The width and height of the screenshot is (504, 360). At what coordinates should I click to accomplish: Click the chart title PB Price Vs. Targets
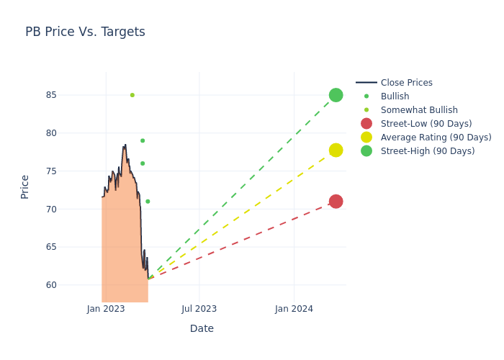pyautogui.click(x=85, y=32)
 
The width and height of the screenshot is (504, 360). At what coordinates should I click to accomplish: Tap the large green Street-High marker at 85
pyautogui.click(x=336, y=95)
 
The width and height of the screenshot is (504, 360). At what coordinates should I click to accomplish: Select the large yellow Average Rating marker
pyautogui.click(x=336, y=150)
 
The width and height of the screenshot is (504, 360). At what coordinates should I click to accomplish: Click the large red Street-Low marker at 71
pyautogui.click(x=336, y=202)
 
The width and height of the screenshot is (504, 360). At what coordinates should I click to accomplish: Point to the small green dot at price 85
pyautogui.click(x=132, y=95)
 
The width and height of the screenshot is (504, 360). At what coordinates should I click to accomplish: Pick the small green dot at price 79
pyautogui.click(x=143, y=140)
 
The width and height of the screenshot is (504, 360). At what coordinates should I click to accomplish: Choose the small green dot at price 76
pyautogui.click(x=143, y=163)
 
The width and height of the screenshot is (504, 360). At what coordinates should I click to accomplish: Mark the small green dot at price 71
pyautogui.click(x=148, y=202)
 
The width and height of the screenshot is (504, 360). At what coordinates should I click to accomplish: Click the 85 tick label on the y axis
pyautogui.click(x=51, y=95)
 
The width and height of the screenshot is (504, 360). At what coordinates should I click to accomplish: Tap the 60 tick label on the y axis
pyautogui.click(x=51, y=285)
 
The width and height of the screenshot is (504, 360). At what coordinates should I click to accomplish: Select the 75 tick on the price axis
pyautogui.click(x=51, y=171)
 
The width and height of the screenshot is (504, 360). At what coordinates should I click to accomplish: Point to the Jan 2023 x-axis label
pyautogui.click(x=106, y=309)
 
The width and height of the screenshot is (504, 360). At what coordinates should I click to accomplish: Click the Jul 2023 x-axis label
pyautogui.click(x=199, y=309)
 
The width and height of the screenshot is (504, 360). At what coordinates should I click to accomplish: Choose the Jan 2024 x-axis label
pyautogui.click(x=294, y=309)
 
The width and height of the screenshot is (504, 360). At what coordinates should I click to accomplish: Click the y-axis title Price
pyautogui.click(x=25, y=186)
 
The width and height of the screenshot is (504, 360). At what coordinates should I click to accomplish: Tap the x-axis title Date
pyautogui.click(x=202, y=329)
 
